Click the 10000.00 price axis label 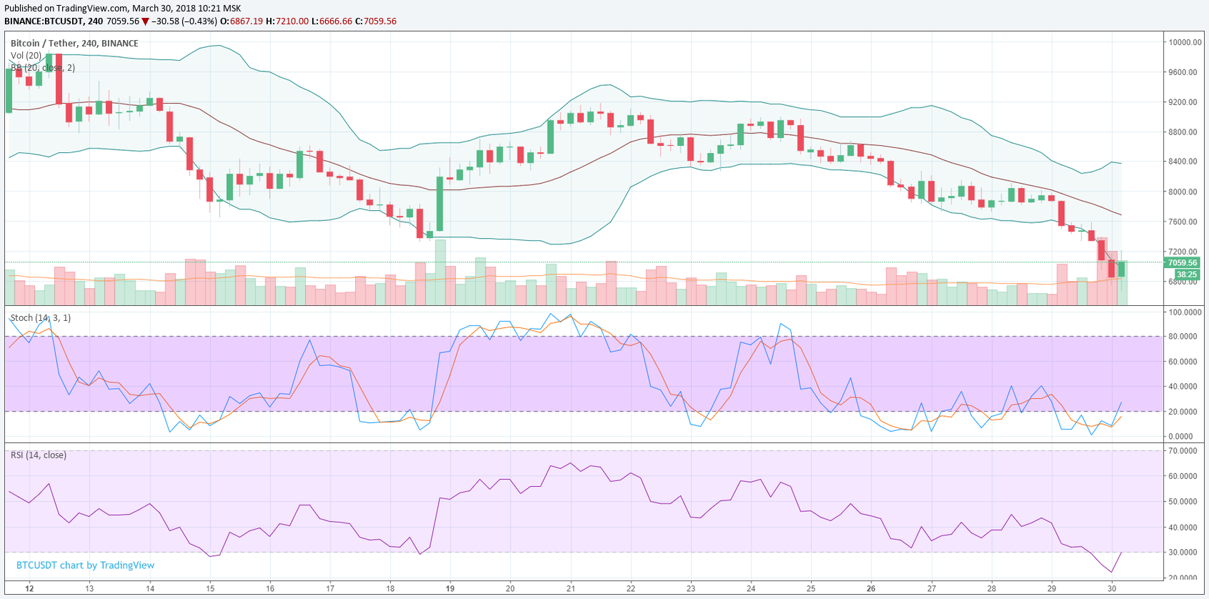click(x=1184, y=42)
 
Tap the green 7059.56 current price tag click(x=1182, y=262)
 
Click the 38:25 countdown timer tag click(x=1186, y=274)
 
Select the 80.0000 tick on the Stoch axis click(x=1184, y=337)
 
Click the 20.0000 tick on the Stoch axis click(x=1184, y=412)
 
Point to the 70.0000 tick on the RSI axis click(x=1184, y=451)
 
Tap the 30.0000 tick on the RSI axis click(x=1184, y=553)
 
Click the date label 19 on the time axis click(x=450, y=589)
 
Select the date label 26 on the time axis click(x=871, y=589)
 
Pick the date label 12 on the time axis click(x=29, y=589)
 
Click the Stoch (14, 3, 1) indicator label click(x=41, y=318)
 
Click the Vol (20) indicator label click(x=26, y=56)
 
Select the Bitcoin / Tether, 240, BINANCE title click(x=74, y=44)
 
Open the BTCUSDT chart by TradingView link click(x=85, y=565)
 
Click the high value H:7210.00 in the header click(x=287, y=21)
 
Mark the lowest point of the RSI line click(x=1111, y=572)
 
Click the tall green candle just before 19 click(x=439, y=204)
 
